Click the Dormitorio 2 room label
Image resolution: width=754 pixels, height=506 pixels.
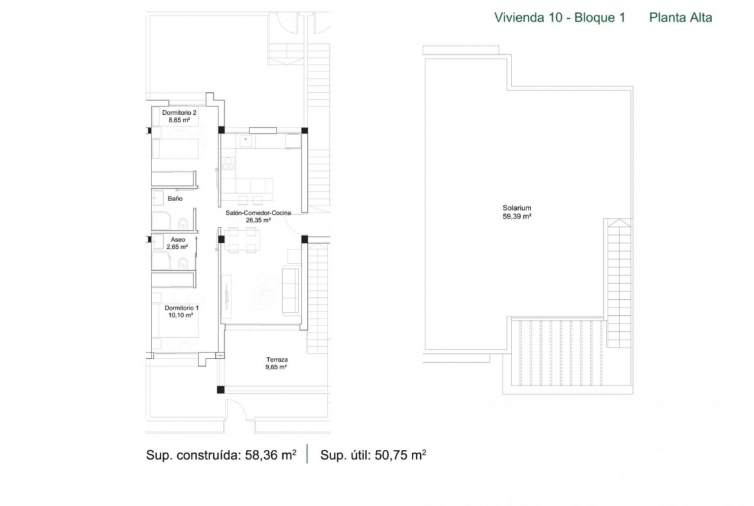[179, 113]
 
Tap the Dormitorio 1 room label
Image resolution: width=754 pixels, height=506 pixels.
[181, 308]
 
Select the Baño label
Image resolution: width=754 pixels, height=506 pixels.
[175, 199]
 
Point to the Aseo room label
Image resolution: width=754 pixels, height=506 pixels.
[177, 240]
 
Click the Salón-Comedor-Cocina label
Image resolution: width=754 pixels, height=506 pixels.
[258, 213]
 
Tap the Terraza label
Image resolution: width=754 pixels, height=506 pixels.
[277, 360]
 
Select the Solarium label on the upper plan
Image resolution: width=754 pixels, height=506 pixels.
[517, 208]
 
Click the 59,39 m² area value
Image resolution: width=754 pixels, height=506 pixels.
[517, 217]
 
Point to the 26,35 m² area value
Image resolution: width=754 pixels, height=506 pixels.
[258, 220]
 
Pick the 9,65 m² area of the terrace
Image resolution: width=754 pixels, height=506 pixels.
[276, 367]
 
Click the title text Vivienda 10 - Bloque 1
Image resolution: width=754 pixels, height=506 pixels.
[560, 18]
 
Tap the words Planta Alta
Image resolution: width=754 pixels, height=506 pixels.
[681, 18]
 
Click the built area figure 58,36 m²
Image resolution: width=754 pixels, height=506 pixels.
[271, 454]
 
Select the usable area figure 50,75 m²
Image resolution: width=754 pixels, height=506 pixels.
[400, 454]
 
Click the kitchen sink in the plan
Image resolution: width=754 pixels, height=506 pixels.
[246, 141]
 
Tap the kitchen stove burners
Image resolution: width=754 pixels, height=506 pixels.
[228, 163]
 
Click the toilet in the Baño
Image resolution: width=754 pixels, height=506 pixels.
[183, 224]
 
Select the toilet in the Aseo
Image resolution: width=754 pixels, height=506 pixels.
[183, 264]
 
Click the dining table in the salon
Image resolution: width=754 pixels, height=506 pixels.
[242, 240]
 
